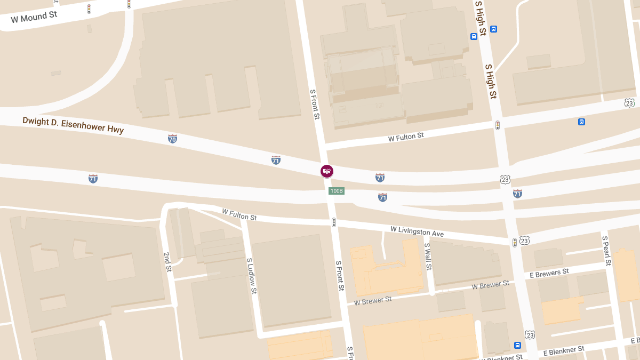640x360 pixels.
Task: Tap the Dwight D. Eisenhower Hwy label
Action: click(x=73, y=125)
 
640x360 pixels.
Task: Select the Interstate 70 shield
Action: click(x=172, y=139)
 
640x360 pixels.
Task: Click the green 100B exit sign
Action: click(x=336, y=191)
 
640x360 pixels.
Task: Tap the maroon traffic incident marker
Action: click(x=327, y=171)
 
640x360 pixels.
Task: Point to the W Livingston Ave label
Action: click(x=417, y=231)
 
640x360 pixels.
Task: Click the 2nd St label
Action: click(x=167, y=262)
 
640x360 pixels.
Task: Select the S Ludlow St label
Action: click(x=252, y=276)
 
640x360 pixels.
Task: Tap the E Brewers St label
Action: click(x=549, y=273)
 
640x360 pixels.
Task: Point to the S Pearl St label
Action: click(x=606, y=251)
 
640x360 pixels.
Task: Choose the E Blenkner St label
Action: click(x=564, y=351)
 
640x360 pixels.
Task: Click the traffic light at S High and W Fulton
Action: click(x=497, y=125)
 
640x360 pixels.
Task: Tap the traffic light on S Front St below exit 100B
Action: click(x=334, y=222)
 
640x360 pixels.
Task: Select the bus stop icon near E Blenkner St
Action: click(x=517, y=345)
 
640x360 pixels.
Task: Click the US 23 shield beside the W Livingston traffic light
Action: click(x=525, y=241)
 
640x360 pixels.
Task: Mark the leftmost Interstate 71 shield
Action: click(x=93, y=178)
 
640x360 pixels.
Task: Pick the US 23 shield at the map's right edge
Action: click(x=629, y=102)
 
